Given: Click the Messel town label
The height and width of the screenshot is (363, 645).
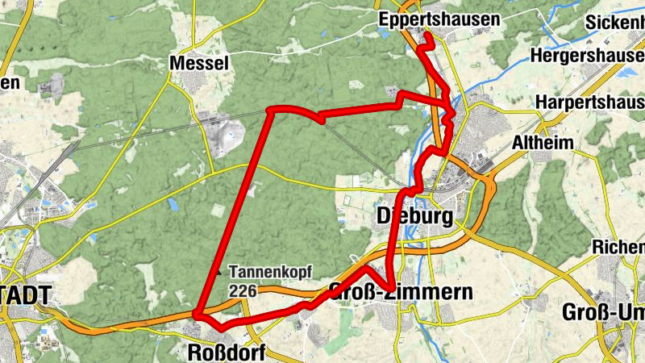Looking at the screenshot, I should (x=200, y=63).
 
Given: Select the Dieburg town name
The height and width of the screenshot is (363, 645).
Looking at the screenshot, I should (x=415, y=215).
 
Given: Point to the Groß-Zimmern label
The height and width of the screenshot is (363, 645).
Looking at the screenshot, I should (x=401, y=291).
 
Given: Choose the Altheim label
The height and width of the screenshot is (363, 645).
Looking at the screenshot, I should (x=543, y=143).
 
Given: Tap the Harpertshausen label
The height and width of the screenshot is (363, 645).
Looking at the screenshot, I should (x=589, y=103).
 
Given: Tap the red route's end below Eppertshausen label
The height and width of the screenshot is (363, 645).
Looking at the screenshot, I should (x=429, y=37).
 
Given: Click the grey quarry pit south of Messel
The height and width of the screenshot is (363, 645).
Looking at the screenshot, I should (x=221, y=133).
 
